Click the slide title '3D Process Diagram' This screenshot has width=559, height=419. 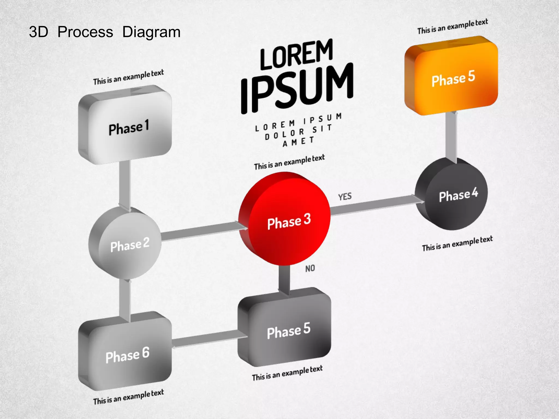[105, 32]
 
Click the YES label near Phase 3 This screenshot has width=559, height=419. [345, 197]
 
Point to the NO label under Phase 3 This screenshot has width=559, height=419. [310, 269]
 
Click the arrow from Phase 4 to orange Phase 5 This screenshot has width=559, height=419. [451, 136]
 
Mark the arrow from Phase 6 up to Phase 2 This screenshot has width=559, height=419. [125, 300]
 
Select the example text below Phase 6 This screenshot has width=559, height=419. [128, 397]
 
